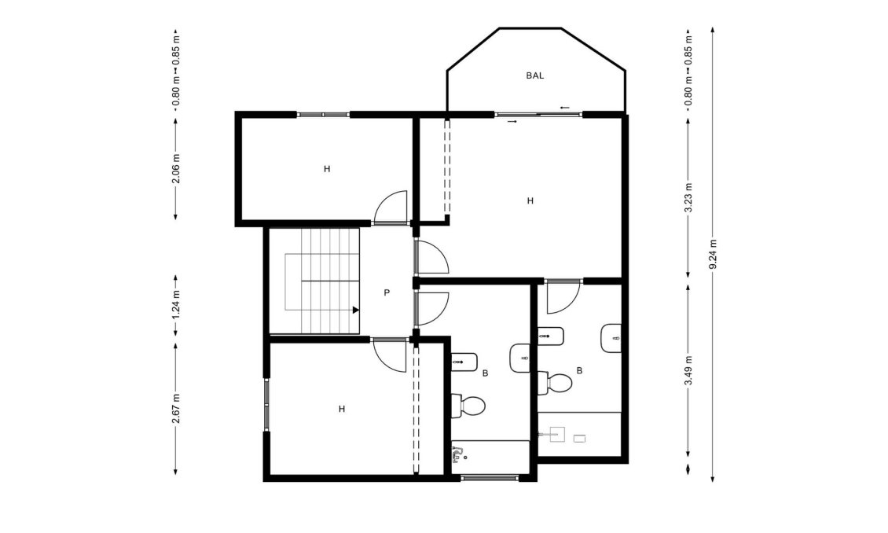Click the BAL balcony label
point(534,76)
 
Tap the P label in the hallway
point(387,292)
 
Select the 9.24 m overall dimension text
point(713,254)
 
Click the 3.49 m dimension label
point(688,370)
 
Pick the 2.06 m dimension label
point(176,168)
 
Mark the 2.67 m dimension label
point(176,408)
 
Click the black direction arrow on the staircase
point(355,310)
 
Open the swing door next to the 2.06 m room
point(391,209)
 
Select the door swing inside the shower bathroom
point(563,296)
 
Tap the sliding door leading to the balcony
point(539,115)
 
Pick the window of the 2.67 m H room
point(266,404)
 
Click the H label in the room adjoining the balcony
point(530,201)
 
